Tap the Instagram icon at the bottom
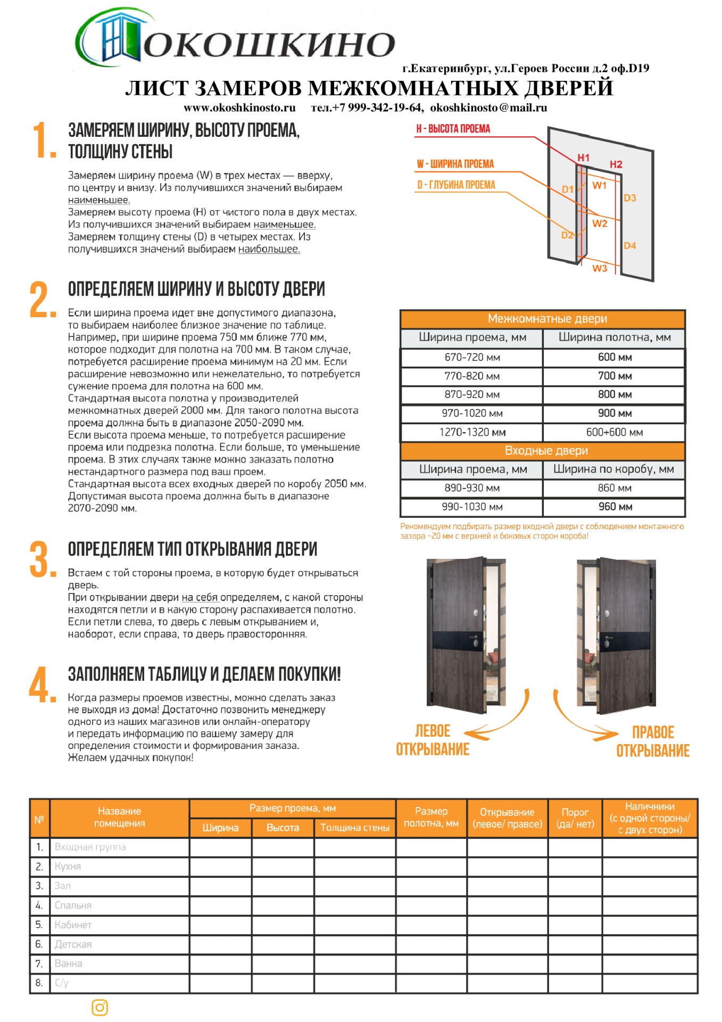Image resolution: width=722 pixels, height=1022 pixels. point(100,1007)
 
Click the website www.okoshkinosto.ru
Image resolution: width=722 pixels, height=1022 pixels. point(239,108)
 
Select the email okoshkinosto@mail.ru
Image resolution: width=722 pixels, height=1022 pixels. point(488,108)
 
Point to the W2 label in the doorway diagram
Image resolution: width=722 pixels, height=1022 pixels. point(600,224)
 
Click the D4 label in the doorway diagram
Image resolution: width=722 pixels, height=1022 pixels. point(630,246)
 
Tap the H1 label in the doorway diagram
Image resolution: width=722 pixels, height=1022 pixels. point(584,158)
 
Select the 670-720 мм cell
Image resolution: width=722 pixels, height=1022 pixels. point(472,357)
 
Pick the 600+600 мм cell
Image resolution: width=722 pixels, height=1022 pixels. point(615,432)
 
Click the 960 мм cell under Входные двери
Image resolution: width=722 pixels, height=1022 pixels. point(615,507)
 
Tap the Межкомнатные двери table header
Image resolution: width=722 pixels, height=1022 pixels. point(547,319)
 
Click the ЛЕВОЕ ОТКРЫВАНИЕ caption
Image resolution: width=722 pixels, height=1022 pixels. point(433,740)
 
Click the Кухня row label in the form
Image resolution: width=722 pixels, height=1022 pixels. point(68,867)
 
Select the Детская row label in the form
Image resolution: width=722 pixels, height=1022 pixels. point(73,944)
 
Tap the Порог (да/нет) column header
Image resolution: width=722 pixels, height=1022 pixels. point(575,818)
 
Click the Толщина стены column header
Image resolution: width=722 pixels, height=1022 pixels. point(355,828)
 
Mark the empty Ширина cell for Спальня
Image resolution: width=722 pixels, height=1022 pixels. point(220,905)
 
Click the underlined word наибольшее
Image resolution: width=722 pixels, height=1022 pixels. point(269,249)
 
